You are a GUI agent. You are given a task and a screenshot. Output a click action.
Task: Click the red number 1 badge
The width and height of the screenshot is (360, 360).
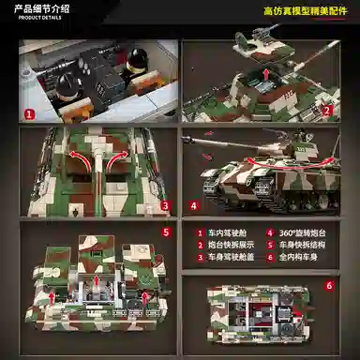coord(29,114)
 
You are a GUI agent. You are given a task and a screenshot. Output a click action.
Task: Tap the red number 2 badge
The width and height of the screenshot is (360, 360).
coord(327,109)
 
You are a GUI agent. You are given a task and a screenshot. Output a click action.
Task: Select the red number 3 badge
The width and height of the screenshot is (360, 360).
coord(165,205)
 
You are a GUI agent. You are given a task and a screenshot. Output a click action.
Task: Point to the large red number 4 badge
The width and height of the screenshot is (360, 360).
coord(193,205)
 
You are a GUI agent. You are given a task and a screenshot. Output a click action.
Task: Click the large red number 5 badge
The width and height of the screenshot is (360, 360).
coord(165,232)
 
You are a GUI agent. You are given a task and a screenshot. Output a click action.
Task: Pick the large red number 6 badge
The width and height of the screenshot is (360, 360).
coord(328,285)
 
